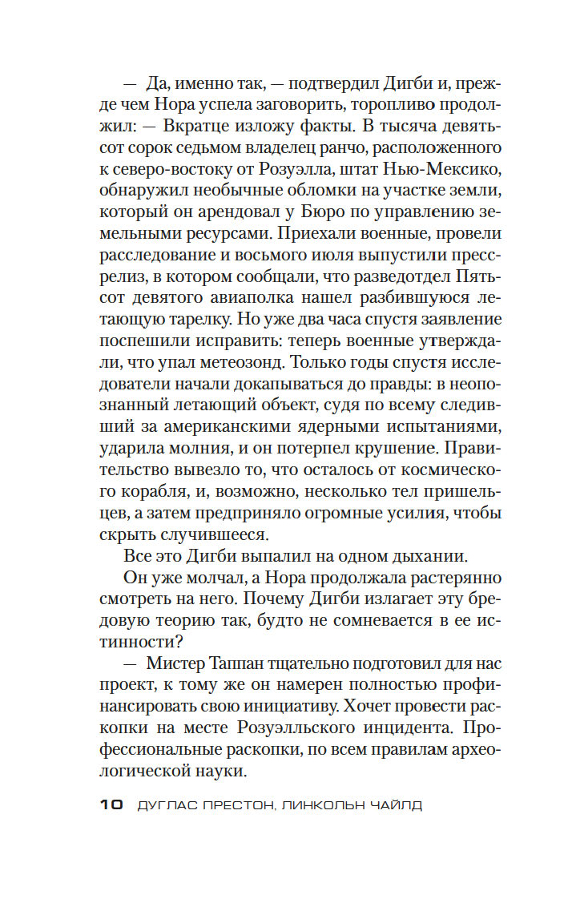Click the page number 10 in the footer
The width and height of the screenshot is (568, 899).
111,805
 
